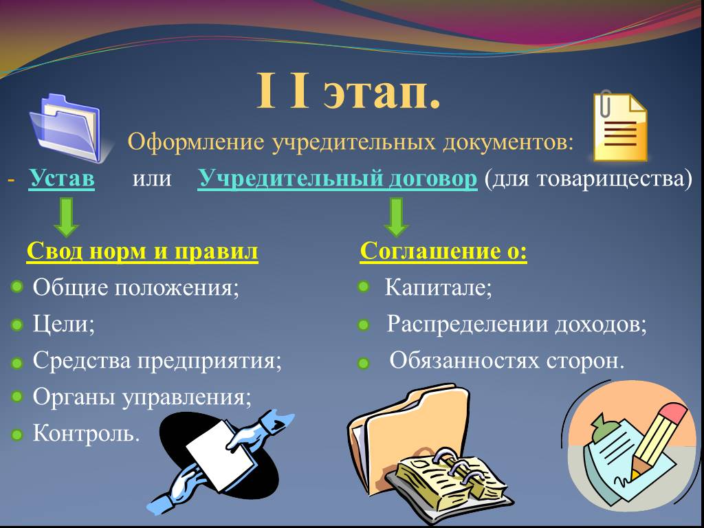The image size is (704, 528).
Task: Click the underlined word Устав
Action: pos(61,178)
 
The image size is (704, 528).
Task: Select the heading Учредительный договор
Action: pos(337,179)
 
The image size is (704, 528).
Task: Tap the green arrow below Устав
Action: pos(67,217)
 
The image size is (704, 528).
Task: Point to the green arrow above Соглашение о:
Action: pos(396,217)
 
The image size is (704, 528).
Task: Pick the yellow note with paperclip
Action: pos(620,126)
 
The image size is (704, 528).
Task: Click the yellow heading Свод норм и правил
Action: pos(142,250)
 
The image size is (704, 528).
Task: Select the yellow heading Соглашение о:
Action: pos(443,250)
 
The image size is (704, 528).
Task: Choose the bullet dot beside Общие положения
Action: pos(16,287)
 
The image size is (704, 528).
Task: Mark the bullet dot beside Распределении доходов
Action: pos(363,324)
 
